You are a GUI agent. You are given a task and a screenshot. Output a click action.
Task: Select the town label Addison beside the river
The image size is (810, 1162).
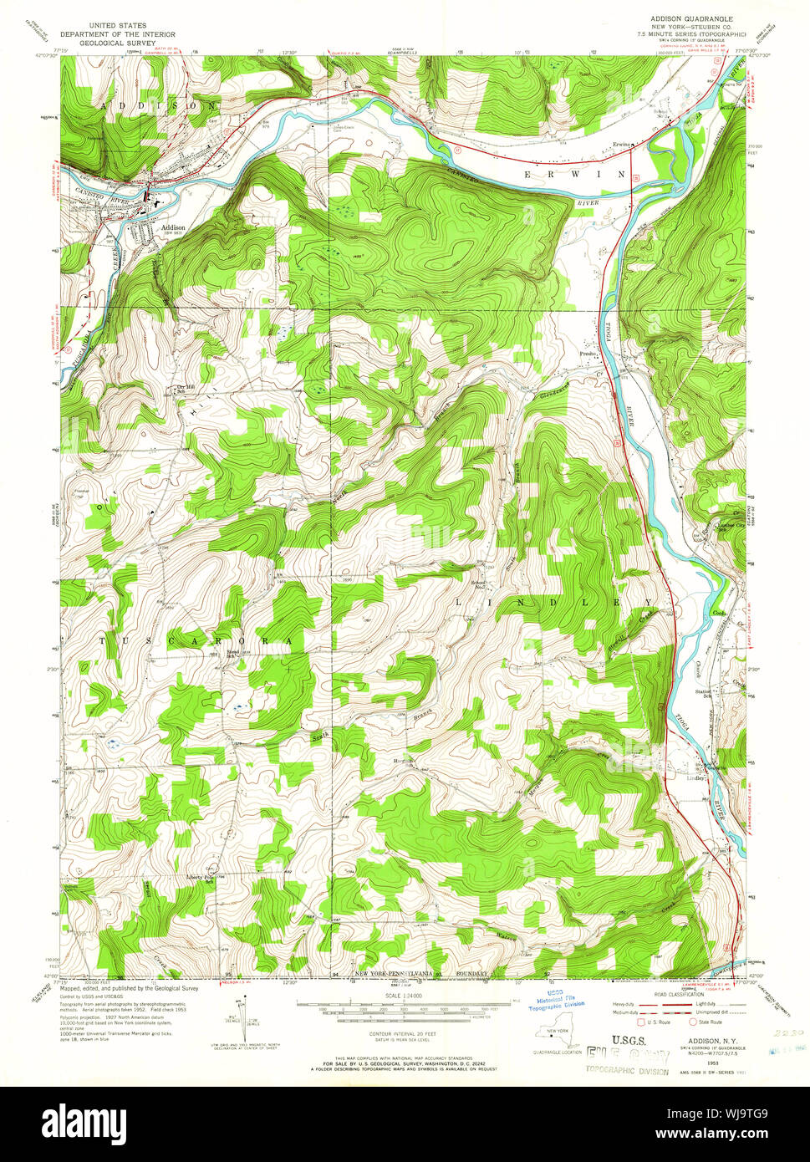click(x=174, y=227)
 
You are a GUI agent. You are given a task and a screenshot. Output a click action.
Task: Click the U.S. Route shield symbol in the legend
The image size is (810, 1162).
click(x=642, y=1022)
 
